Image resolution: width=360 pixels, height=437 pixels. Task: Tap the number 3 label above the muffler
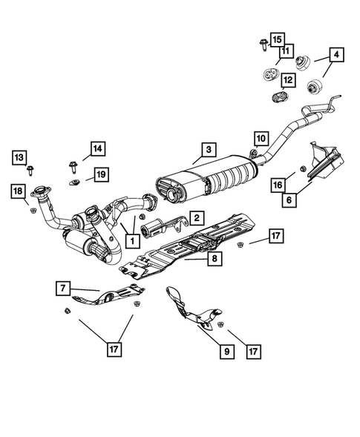tap(209, 151)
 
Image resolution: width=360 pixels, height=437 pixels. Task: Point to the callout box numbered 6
tap(288, 199)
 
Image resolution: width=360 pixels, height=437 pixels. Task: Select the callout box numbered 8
tap(214, 259)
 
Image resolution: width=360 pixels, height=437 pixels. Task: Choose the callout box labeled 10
tap(260, 137)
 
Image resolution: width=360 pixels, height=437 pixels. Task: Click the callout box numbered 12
tap(287, 79)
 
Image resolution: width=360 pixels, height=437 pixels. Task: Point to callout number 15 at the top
tap(277, 39)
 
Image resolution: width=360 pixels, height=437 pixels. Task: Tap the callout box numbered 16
tap(278, 184)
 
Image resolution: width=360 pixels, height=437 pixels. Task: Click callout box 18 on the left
tap(19, 193)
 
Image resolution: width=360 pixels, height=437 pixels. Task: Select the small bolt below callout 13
tap(30, 171)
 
